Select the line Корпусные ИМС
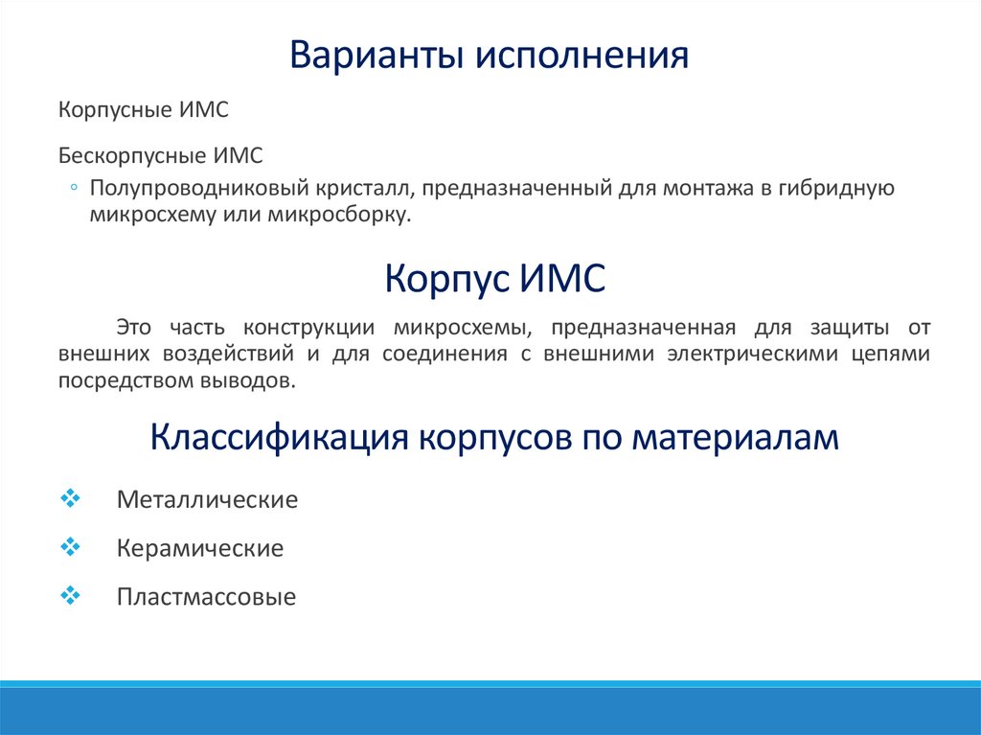[143, 111]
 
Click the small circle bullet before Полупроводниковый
[75, 187]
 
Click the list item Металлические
[207, 500]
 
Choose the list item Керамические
[199, 549]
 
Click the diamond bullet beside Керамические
[70, 547]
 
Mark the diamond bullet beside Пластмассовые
[70, 596]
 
